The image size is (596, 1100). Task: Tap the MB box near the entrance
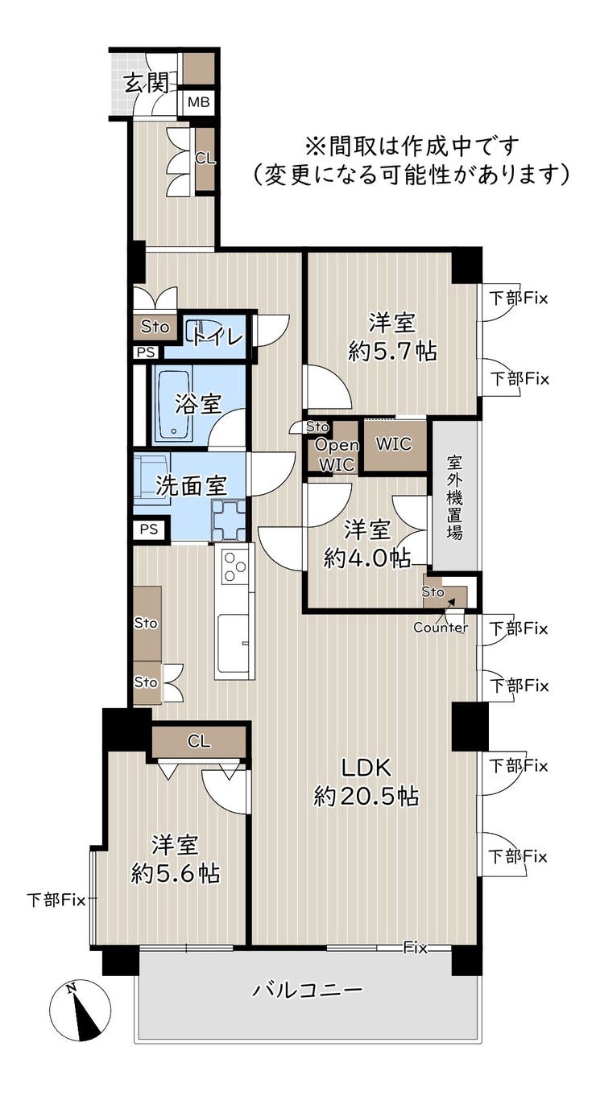[x=199, y=102]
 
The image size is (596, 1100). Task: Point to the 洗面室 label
[x=191, y=485]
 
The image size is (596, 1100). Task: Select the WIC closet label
[x=394, y=444]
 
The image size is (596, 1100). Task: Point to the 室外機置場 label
[x=454, y=497]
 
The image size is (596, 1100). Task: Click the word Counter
[x=441, y=627]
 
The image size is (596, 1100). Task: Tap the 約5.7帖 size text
[x=392, y=352]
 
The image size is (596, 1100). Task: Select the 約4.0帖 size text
[x=367, y=558]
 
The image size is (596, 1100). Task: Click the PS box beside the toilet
[x=146, y=352]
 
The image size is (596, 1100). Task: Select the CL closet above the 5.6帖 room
[x=198, y=741]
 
